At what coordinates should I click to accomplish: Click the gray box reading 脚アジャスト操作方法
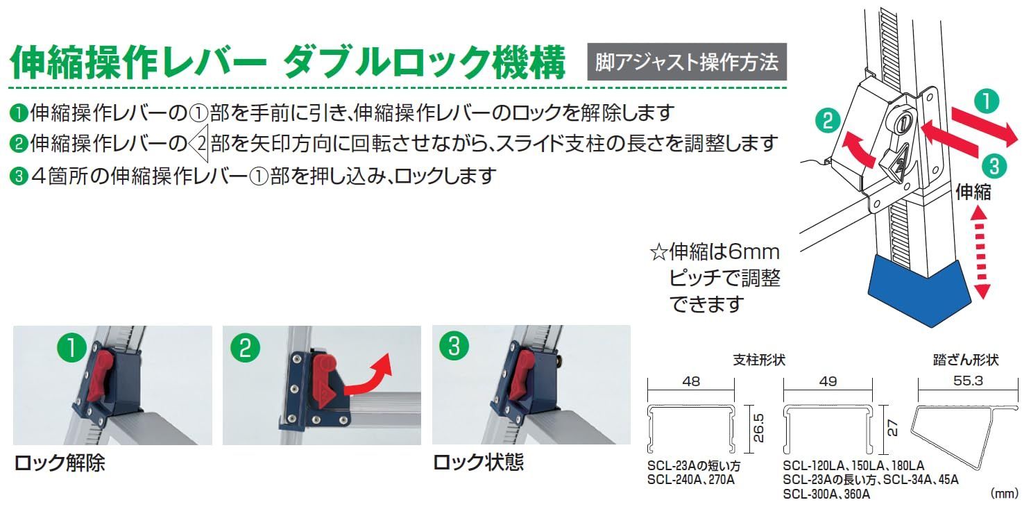687,63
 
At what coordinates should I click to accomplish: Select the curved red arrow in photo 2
368,379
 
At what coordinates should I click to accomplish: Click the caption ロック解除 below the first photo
59,463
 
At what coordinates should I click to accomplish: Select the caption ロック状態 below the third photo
478,463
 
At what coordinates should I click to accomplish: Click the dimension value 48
690,381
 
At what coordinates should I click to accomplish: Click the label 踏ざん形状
966,360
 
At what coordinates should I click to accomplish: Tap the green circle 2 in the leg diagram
826,121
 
